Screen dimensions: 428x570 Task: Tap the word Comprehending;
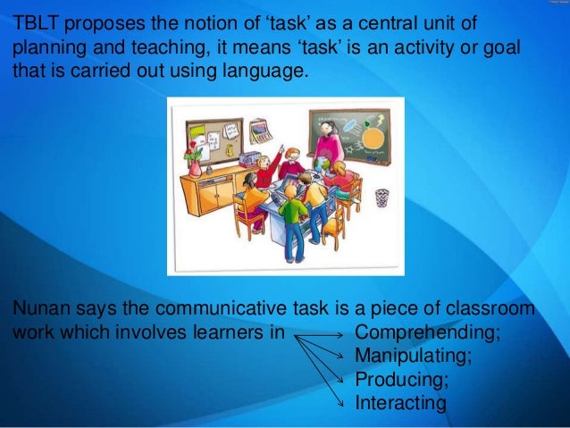coord(426,333)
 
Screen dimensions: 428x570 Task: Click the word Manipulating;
coord(413,357)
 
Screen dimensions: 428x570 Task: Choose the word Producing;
coord(401,380)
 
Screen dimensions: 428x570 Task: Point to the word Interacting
coord(399,403)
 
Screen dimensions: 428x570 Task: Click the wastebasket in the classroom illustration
coord(381,197)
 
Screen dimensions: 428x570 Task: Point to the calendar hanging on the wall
coord(260,131)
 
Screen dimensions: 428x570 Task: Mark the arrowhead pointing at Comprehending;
coord(337,335)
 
